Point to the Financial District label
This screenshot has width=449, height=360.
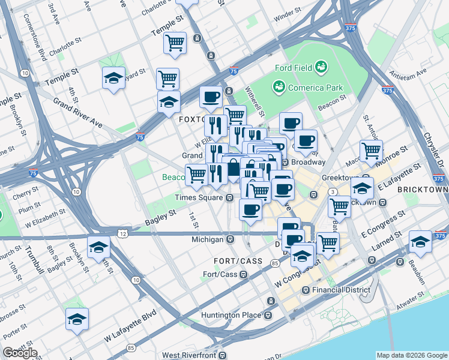coord(337,290)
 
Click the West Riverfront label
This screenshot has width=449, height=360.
coord(189,356)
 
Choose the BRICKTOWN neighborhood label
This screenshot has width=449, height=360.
coord(423,189)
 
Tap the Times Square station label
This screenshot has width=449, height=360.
coord(199,197)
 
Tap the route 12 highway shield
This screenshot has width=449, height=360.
coord(122,232)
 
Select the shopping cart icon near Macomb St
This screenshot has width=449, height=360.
coord(371,150)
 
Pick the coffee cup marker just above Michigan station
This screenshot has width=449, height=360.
coord(250,209)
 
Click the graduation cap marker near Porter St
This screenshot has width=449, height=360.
coord(77,319)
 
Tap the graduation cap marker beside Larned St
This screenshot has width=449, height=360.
coord(420,241)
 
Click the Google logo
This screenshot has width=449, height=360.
coord(20,353)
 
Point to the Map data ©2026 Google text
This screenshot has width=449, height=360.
coord(411,355)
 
